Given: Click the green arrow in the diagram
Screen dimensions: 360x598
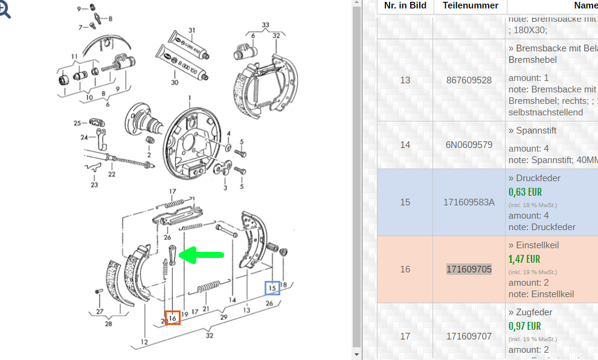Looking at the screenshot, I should pyautogui.click(x=203, y=256).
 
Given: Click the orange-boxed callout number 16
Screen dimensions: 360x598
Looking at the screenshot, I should pyautogui.click(x=173, y=317).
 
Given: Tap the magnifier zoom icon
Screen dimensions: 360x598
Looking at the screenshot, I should pyautogui.click(x=5, y=10).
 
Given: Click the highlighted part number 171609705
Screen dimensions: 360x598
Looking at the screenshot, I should pyautogui.click(x=469, y=269).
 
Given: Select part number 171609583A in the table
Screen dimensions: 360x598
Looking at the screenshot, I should pyautogui.click(x=469, y=202).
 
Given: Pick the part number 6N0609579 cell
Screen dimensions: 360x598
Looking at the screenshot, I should pyautogui.click(x=469, y=145).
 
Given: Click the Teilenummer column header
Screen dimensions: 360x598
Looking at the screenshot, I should pyautogui.click(x=471, y=5).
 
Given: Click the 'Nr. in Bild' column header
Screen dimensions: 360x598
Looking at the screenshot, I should pyautogui.click(x=405, y=5).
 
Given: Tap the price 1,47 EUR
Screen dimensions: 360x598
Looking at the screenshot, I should pyautogui.click(x=524, y=259).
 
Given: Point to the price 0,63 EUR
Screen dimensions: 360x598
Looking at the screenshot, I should pyautogui.click(x=525, y=192).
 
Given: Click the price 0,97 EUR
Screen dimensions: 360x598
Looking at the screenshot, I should pyautogui.click(x=524, y=326).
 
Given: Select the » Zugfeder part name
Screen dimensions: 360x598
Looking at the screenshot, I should pyautogui.click(x=530, y=312).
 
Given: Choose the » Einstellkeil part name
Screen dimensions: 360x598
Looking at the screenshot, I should pyautogui.click(x=533, y=245).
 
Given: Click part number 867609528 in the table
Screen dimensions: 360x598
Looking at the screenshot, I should pyautogui.click(x=469, y=80).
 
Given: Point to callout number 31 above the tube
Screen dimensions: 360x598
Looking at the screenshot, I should pyautogui.click(x=191, y=30).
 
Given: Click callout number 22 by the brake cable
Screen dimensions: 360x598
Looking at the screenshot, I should pyautogui.click(x=112, y=175).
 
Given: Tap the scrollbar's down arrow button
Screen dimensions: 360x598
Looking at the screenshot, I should pyautogui.click(x=356, y=355).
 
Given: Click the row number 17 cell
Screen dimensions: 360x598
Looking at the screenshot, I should pyautogui.click(x=405, y=336).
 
